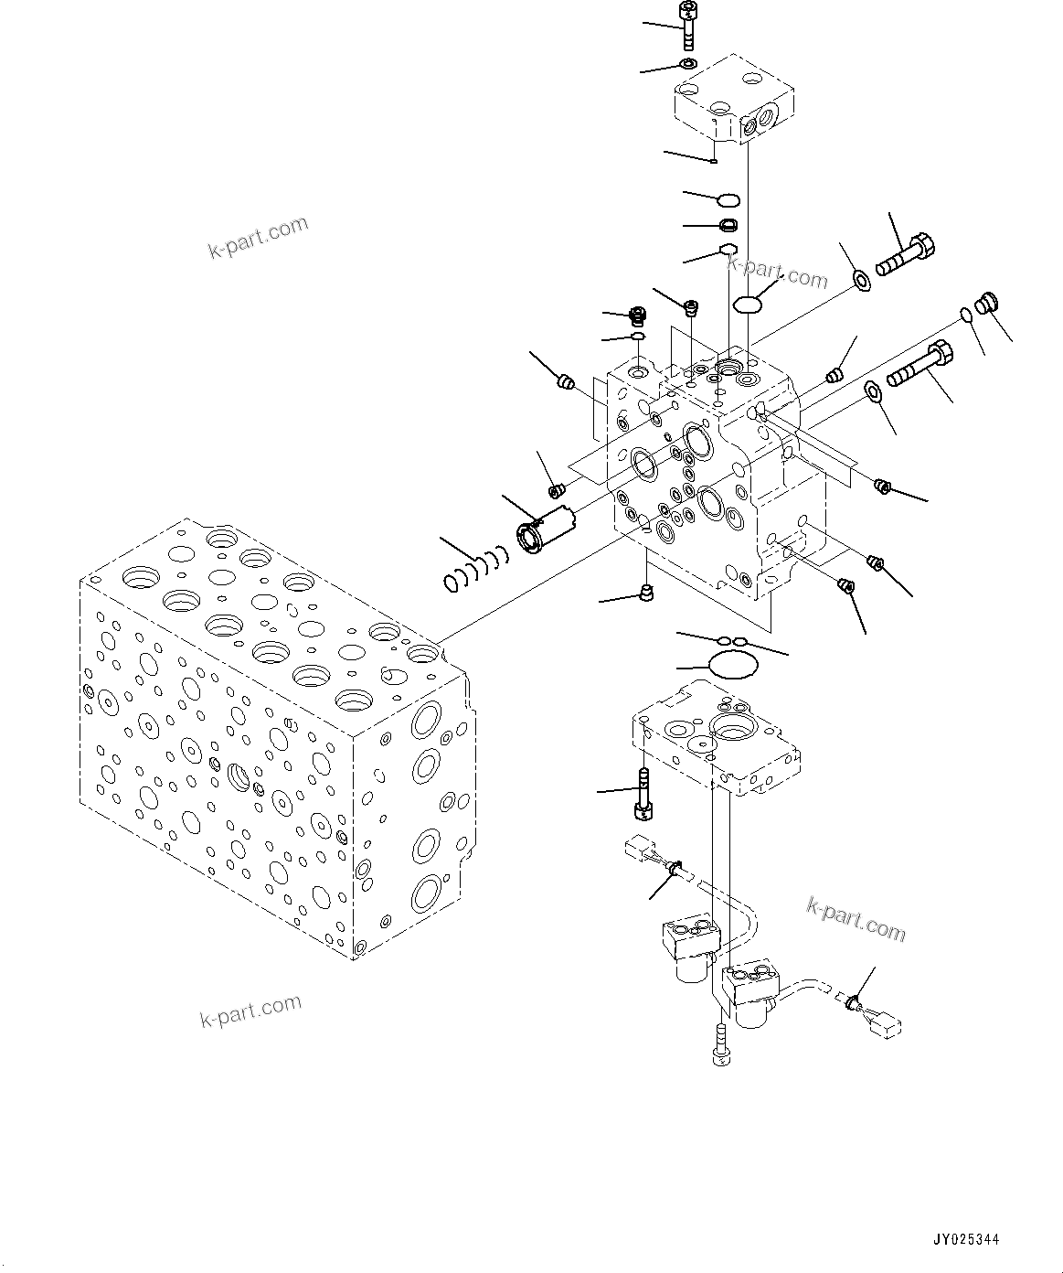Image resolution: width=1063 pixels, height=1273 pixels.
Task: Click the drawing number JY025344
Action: pos(966,1240)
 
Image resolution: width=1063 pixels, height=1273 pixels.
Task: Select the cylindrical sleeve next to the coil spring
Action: pos(546,530)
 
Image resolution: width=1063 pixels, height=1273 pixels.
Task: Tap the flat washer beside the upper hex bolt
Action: pos(861,278)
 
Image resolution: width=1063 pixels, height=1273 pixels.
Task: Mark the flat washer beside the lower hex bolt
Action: pos(873,392)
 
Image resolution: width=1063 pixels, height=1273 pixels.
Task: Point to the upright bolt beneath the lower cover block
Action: pos(643,796)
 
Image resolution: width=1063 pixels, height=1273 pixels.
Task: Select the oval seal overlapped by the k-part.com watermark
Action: pos(748,304)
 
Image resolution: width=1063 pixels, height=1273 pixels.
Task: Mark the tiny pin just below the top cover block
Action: pos(714,162)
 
